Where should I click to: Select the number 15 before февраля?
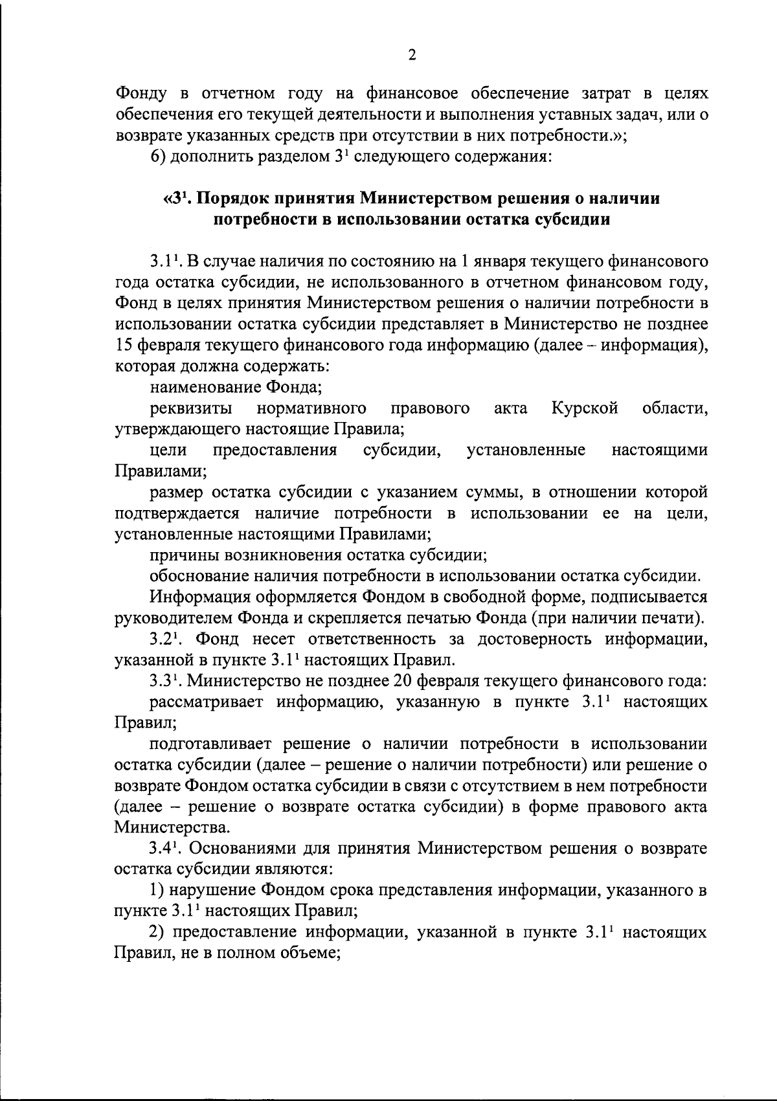point(124,344)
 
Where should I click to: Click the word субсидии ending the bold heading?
point(570,219)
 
